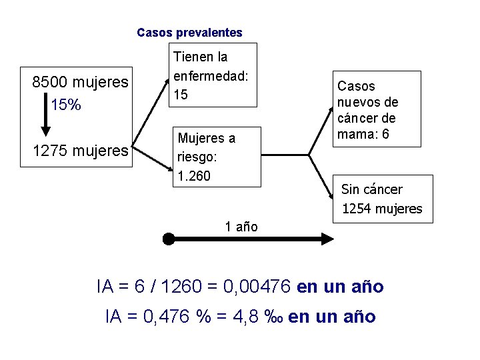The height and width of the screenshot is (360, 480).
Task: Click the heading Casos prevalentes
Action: pyautogui.click(x=189, y=32)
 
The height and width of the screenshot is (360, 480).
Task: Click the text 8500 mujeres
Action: pyautogui.click(x=80, y=83)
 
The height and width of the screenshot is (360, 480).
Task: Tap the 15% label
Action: pyautogui.click(x=66, y=105)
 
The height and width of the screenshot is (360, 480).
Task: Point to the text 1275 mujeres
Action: pyautogui.click(x=80, y=151)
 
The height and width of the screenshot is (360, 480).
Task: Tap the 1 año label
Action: pyautogui.click(x=241, y=227)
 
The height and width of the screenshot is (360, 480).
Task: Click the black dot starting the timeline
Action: pyautogui.click(x=169, y=239)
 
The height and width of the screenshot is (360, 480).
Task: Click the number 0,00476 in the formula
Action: pyautogui.click(x=256, y=287)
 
